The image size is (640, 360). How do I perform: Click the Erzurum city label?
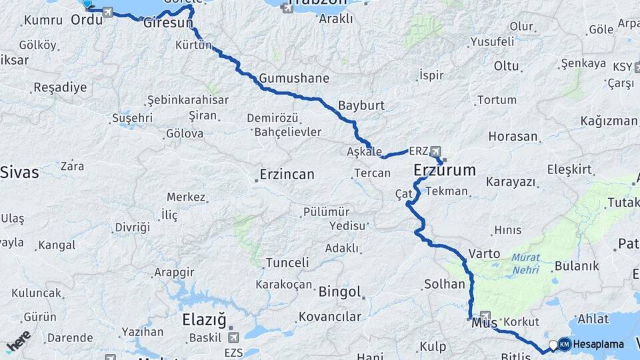[x=445, y=170]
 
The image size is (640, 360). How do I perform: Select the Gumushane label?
[x=294, y=78]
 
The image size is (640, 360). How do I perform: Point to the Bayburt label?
[x=361, y=105]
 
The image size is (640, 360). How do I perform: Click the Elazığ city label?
[x=204, y=320]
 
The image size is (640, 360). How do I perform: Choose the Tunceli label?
[x=287, y=263]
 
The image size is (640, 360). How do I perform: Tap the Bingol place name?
[x=340, y=292]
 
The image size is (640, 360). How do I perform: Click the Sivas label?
[x=19, y=173]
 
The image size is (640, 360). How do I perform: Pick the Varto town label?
[x=485, y=254]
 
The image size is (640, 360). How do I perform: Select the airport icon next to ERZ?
[x=435, y=151]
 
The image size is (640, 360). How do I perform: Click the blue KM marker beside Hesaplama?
[x=564, y=344]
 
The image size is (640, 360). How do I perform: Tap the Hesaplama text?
[x=599, y=345]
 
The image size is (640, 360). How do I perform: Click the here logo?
[x=18, y=341]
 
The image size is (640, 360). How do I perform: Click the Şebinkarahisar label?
[x=187, y=100]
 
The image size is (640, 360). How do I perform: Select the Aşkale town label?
[x=365, y=151]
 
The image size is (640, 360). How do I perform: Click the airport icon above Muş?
[x=485, y=316]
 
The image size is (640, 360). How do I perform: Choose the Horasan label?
[x=513, y=137]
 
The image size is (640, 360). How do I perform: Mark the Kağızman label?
[x=609, y=121]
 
